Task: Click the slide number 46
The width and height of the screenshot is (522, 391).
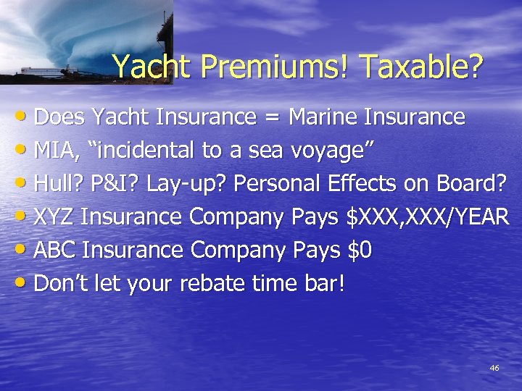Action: pyautogui.click(x=494, y=369)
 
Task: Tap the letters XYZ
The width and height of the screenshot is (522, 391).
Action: pyautogui.click(x=55, y=217)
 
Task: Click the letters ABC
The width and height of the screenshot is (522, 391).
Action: pyautogui.click(x=55, y=251)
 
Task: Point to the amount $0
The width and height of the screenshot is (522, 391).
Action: pyautogui.click(x=360, y=251)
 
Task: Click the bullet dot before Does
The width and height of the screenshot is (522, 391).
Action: pyautogui.click(x=22, y=117)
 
